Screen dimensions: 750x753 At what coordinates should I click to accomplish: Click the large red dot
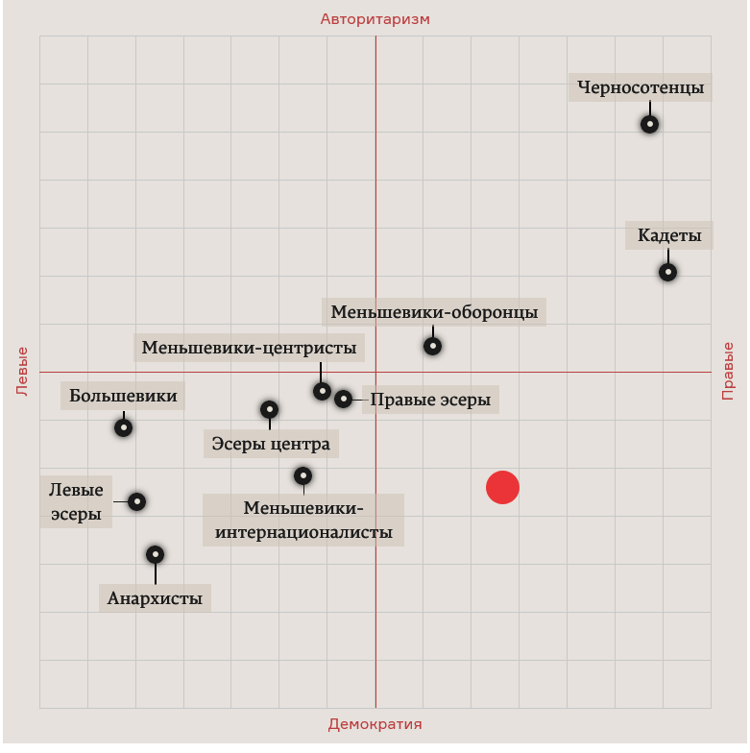[x=502, y=488]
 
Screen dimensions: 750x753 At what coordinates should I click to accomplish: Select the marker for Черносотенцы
[x=649, y=125]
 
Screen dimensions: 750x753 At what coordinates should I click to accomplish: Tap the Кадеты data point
[x=667, y=273]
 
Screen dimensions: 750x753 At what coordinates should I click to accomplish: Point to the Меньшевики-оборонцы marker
[x=432, y=346]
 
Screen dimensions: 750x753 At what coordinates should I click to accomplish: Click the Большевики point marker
[x=123, y=427]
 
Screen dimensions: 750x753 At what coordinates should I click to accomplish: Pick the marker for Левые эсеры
[x=136, y=501]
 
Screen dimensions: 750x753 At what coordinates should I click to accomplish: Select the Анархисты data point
[x=156, y=555]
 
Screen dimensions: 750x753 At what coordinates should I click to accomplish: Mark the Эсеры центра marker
[x=269, y=409]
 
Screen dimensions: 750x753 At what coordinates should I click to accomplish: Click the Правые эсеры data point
[x=343, y=399]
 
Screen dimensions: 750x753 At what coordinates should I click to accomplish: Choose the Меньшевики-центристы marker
[x=322, y=392]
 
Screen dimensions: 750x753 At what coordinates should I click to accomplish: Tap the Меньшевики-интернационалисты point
[x=303, y=476]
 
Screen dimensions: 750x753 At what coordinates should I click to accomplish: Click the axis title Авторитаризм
[x=375, y=19]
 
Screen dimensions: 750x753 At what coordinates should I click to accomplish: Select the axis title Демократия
[x=375, y=724]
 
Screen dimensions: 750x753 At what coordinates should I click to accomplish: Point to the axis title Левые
[x=22, y=371]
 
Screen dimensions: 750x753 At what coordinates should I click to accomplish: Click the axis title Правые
[x=728, y=371]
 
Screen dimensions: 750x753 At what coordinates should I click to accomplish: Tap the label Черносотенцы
[x=641, y=87]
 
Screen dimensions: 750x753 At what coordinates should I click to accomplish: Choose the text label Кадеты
[x=669, y=235]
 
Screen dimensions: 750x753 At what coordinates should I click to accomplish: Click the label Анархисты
[x=155, y=597]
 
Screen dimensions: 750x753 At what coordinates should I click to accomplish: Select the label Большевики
[x=123, y=396]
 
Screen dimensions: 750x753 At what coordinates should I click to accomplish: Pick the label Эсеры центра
[x=271, y=444]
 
